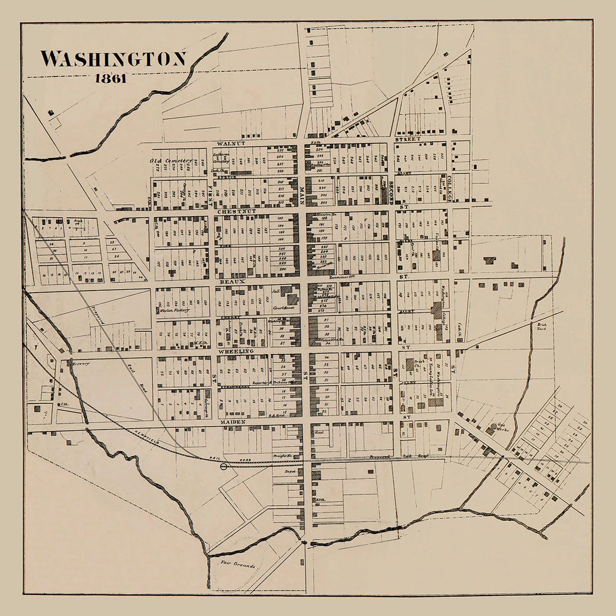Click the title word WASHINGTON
[114, 59]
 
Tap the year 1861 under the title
[111, 79]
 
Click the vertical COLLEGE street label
[449, 189]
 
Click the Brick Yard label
[542, 327]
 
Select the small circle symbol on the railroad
[224, 466]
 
